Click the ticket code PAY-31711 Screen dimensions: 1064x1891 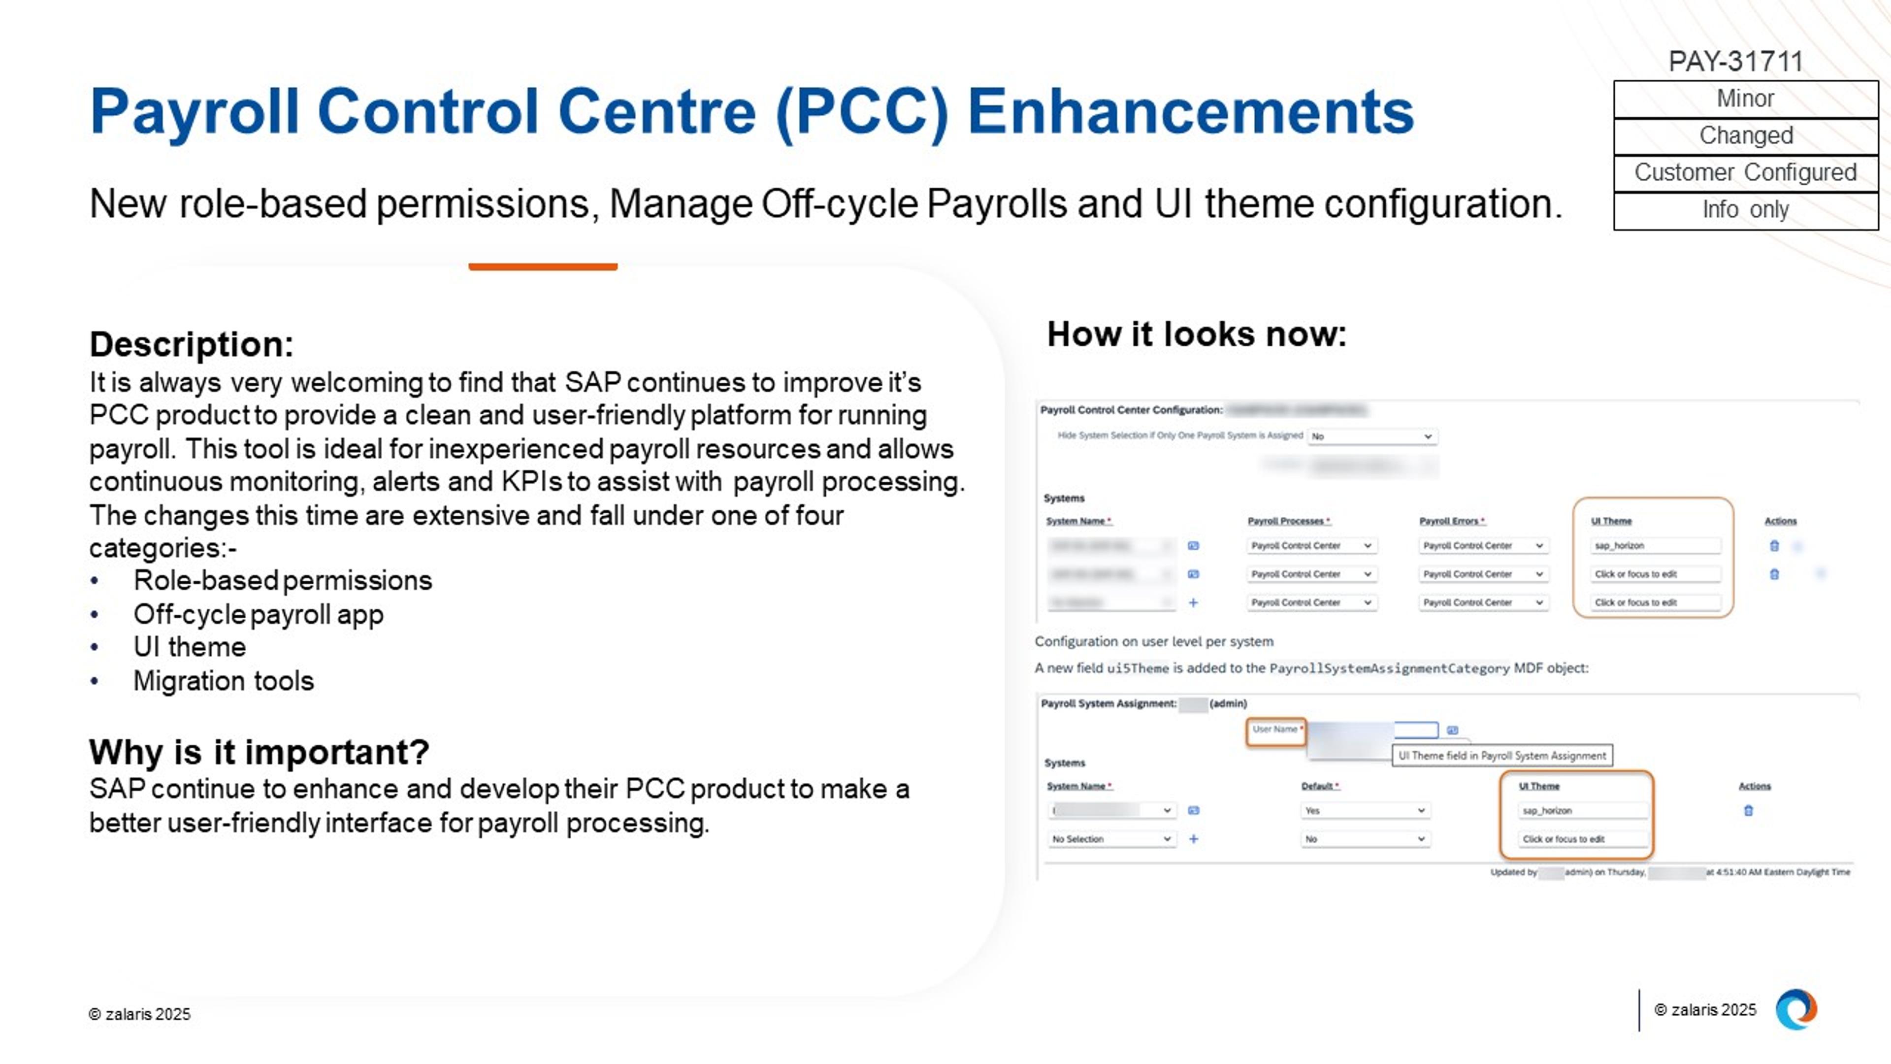(x=1735, y=61)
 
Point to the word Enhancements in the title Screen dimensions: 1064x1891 (x=1190, y=112)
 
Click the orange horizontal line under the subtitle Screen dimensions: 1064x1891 (x=543, y=266)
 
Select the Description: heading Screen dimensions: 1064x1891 (x=192, y=344)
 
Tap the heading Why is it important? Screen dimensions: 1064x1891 (x=259, y=752)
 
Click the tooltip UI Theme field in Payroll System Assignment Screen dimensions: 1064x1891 (x=1502, y=756)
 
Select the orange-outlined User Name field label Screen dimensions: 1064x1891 (x=1276, y=730)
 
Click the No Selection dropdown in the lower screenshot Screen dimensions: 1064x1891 (x=1110, y=838)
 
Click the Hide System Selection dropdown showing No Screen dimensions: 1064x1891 (x=1371, y=436)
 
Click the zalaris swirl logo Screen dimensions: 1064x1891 (x=1795, y=1010)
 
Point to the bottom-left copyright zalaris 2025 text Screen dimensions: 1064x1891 (x=139, y=1014)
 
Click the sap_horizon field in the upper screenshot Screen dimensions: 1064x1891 (x=1655, y=546)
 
